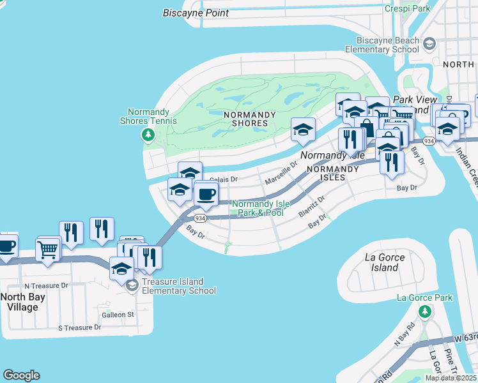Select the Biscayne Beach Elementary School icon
point(429,43)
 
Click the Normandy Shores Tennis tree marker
point(148,135)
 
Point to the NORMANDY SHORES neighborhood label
point(249,119)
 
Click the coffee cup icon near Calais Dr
point(205,195)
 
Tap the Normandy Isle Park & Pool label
point(260,209)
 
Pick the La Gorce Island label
point(385,262)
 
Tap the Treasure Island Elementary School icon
point(132,285)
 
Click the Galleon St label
point(118,315)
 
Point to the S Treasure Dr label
point(80,327)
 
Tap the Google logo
point(21,375)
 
